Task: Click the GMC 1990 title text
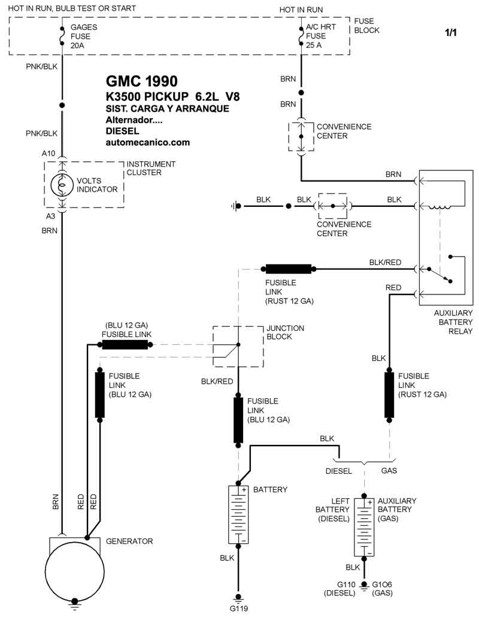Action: [x=141, y=81]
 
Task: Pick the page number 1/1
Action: [x=450, y=32]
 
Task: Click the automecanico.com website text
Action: [x=147, y=142]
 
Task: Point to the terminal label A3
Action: [x=50, y=216]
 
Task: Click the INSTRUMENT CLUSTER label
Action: [x=150, y=168]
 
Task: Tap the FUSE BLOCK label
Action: [x=366, y=26]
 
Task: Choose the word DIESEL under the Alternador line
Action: [x=122, y=131]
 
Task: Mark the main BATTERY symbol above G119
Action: [x=238, y=514]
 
